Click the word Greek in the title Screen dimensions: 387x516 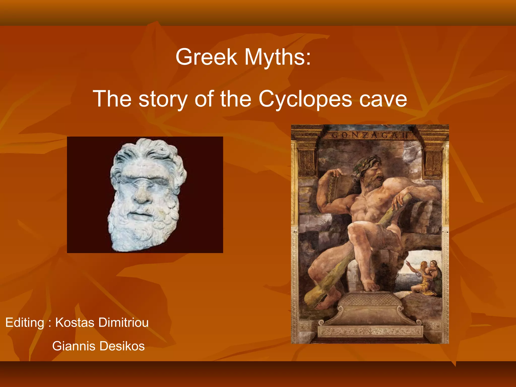(x=206, y=57)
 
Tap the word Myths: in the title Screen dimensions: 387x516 (x=278, y=57)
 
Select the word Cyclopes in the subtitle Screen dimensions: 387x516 (x=305, y=99)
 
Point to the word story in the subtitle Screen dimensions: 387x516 (x=163, y=99)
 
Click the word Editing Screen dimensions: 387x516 (x=25, y=323)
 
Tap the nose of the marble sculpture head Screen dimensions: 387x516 (x=142, y=197)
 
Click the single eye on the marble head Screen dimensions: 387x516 (x=142, y=180)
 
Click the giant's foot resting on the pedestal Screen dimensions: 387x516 (x=370, y=285)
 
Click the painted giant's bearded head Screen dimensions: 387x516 (x=369, y=171)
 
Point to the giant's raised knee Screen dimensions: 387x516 (x=355, y=229)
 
